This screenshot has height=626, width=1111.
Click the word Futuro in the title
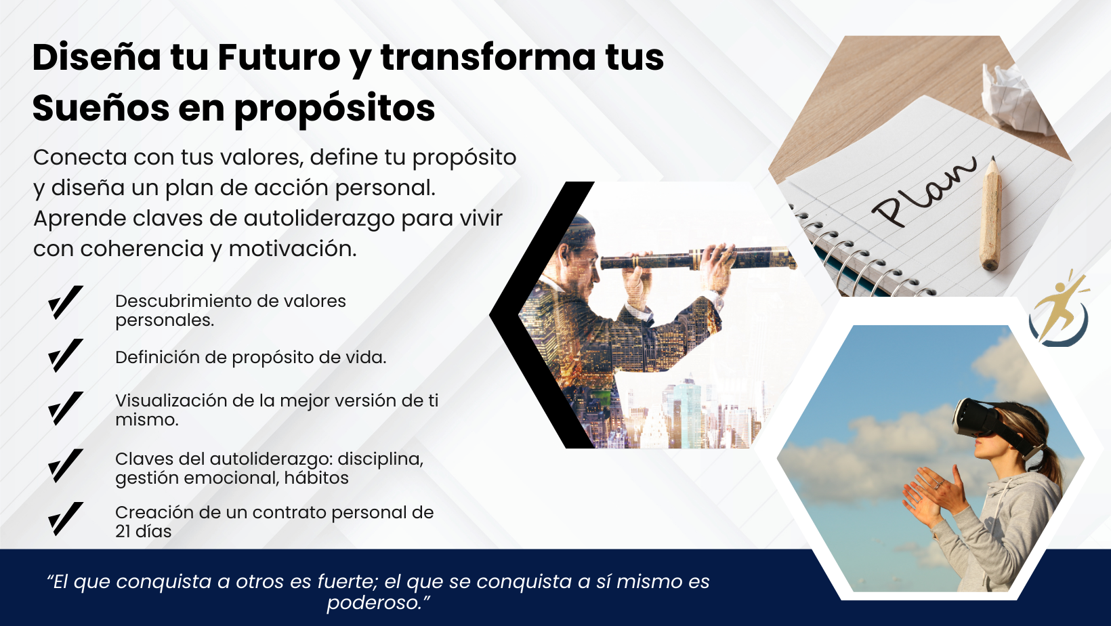(278, 58)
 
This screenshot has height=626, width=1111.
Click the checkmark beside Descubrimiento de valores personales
(66, 303)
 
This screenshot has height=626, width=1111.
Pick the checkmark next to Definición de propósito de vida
(66, 356)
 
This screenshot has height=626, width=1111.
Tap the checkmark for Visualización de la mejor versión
(66, 409)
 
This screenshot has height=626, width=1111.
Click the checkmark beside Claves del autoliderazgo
(66, 466)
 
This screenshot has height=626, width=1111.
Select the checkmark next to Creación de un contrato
(66, 519)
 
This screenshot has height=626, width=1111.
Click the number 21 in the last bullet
(123, 531)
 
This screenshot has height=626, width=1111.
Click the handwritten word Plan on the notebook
(923, 192)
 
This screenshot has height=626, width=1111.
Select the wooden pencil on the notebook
(992, 213)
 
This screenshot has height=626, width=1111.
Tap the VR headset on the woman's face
(988, 421)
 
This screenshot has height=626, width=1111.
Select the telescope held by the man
(698, 259)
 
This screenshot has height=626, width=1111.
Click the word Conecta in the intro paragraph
(80, 158)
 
